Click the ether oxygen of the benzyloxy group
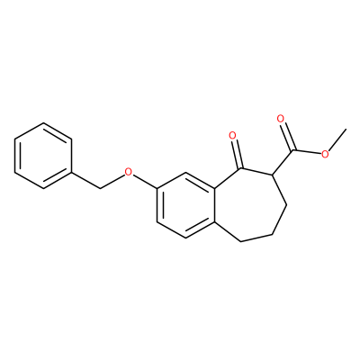click(129, 172)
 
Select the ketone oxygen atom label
click(232, 136)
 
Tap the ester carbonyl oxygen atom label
click(281, 119)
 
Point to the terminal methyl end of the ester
click(346, 130)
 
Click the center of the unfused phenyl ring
click(43, 156)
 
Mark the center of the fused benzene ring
click(185, 205)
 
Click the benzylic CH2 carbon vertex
click(100, 189)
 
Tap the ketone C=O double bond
click(237, 155)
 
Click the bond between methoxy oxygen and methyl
click(337, 140)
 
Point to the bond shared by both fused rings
click(214, 205)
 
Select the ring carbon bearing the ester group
click(272, 175)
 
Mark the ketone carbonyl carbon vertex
click(239, 169)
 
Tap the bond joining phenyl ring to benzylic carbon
click(86, 181)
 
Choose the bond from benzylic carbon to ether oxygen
click(112, 182)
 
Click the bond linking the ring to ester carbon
click(283, 162)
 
